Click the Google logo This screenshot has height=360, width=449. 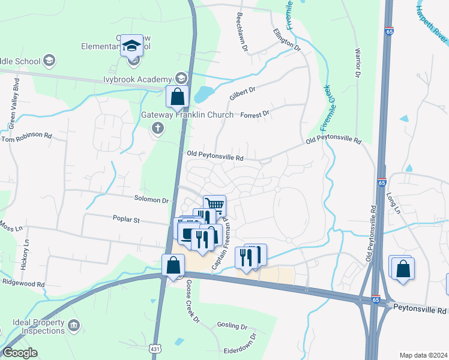(x=20, y=353)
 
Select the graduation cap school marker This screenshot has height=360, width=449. (x=131, y=46)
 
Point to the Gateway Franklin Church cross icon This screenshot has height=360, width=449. (x=158, y=128)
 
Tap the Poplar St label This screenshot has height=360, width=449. (x=125, y=220)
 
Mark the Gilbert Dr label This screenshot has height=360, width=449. (x=243, y=94)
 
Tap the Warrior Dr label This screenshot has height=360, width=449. (x=358, y=63)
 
